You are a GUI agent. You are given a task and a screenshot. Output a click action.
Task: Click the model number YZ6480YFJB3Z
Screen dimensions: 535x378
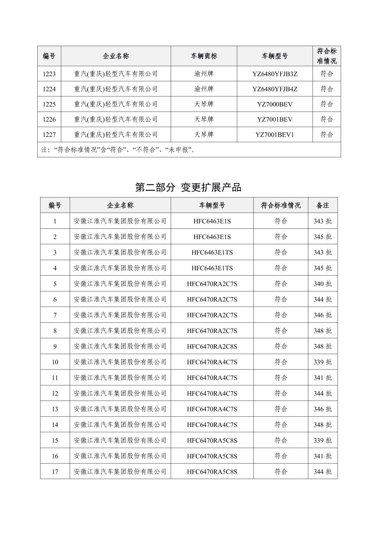[275, 74]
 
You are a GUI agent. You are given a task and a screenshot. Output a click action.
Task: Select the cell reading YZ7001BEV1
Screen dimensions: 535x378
[275, 134]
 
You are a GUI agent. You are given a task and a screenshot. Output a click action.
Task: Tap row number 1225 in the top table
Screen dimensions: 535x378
[49, 104]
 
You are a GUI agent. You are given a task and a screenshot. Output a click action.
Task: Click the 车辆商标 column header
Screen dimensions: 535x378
[204, 56]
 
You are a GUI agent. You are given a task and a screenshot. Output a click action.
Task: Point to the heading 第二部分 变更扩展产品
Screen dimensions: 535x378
[188, 187]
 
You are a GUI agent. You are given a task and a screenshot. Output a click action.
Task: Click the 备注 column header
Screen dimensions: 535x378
[322, 205]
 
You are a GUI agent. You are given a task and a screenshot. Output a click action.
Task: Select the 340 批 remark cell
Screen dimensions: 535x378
[322, 284]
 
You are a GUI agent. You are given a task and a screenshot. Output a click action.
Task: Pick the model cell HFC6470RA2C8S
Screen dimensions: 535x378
[212, 346]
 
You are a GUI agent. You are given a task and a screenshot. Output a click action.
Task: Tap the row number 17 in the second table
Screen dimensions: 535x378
[55, 472]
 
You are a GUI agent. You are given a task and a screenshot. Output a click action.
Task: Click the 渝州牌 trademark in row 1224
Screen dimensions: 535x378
[204, 89]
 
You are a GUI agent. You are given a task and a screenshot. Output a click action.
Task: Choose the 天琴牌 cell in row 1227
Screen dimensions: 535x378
[204, 134]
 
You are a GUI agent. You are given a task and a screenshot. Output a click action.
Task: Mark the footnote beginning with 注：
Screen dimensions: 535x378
[118, 150]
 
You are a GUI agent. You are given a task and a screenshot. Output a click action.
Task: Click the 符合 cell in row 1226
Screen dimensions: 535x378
[326, 119]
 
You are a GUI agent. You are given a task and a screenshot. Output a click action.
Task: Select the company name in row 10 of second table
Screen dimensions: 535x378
[120, 362]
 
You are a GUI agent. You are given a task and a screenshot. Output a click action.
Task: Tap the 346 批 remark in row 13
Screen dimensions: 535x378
[322, 409]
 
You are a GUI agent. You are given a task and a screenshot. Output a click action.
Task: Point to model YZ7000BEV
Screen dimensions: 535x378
[275, 104]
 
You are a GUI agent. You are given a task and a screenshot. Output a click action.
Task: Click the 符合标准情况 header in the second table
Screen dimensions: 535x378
[281, 205]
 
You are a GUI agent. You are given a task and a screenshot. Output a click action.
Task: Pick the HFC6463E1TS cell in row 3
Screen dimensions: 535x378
[212, 252]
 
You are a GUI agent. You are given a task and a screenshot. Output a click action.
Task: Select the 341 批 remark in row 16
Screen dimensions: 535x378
[322, 456]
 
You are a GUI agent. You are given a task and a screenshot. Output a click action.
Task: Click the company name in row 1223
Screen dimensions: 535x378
[116, 74]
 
